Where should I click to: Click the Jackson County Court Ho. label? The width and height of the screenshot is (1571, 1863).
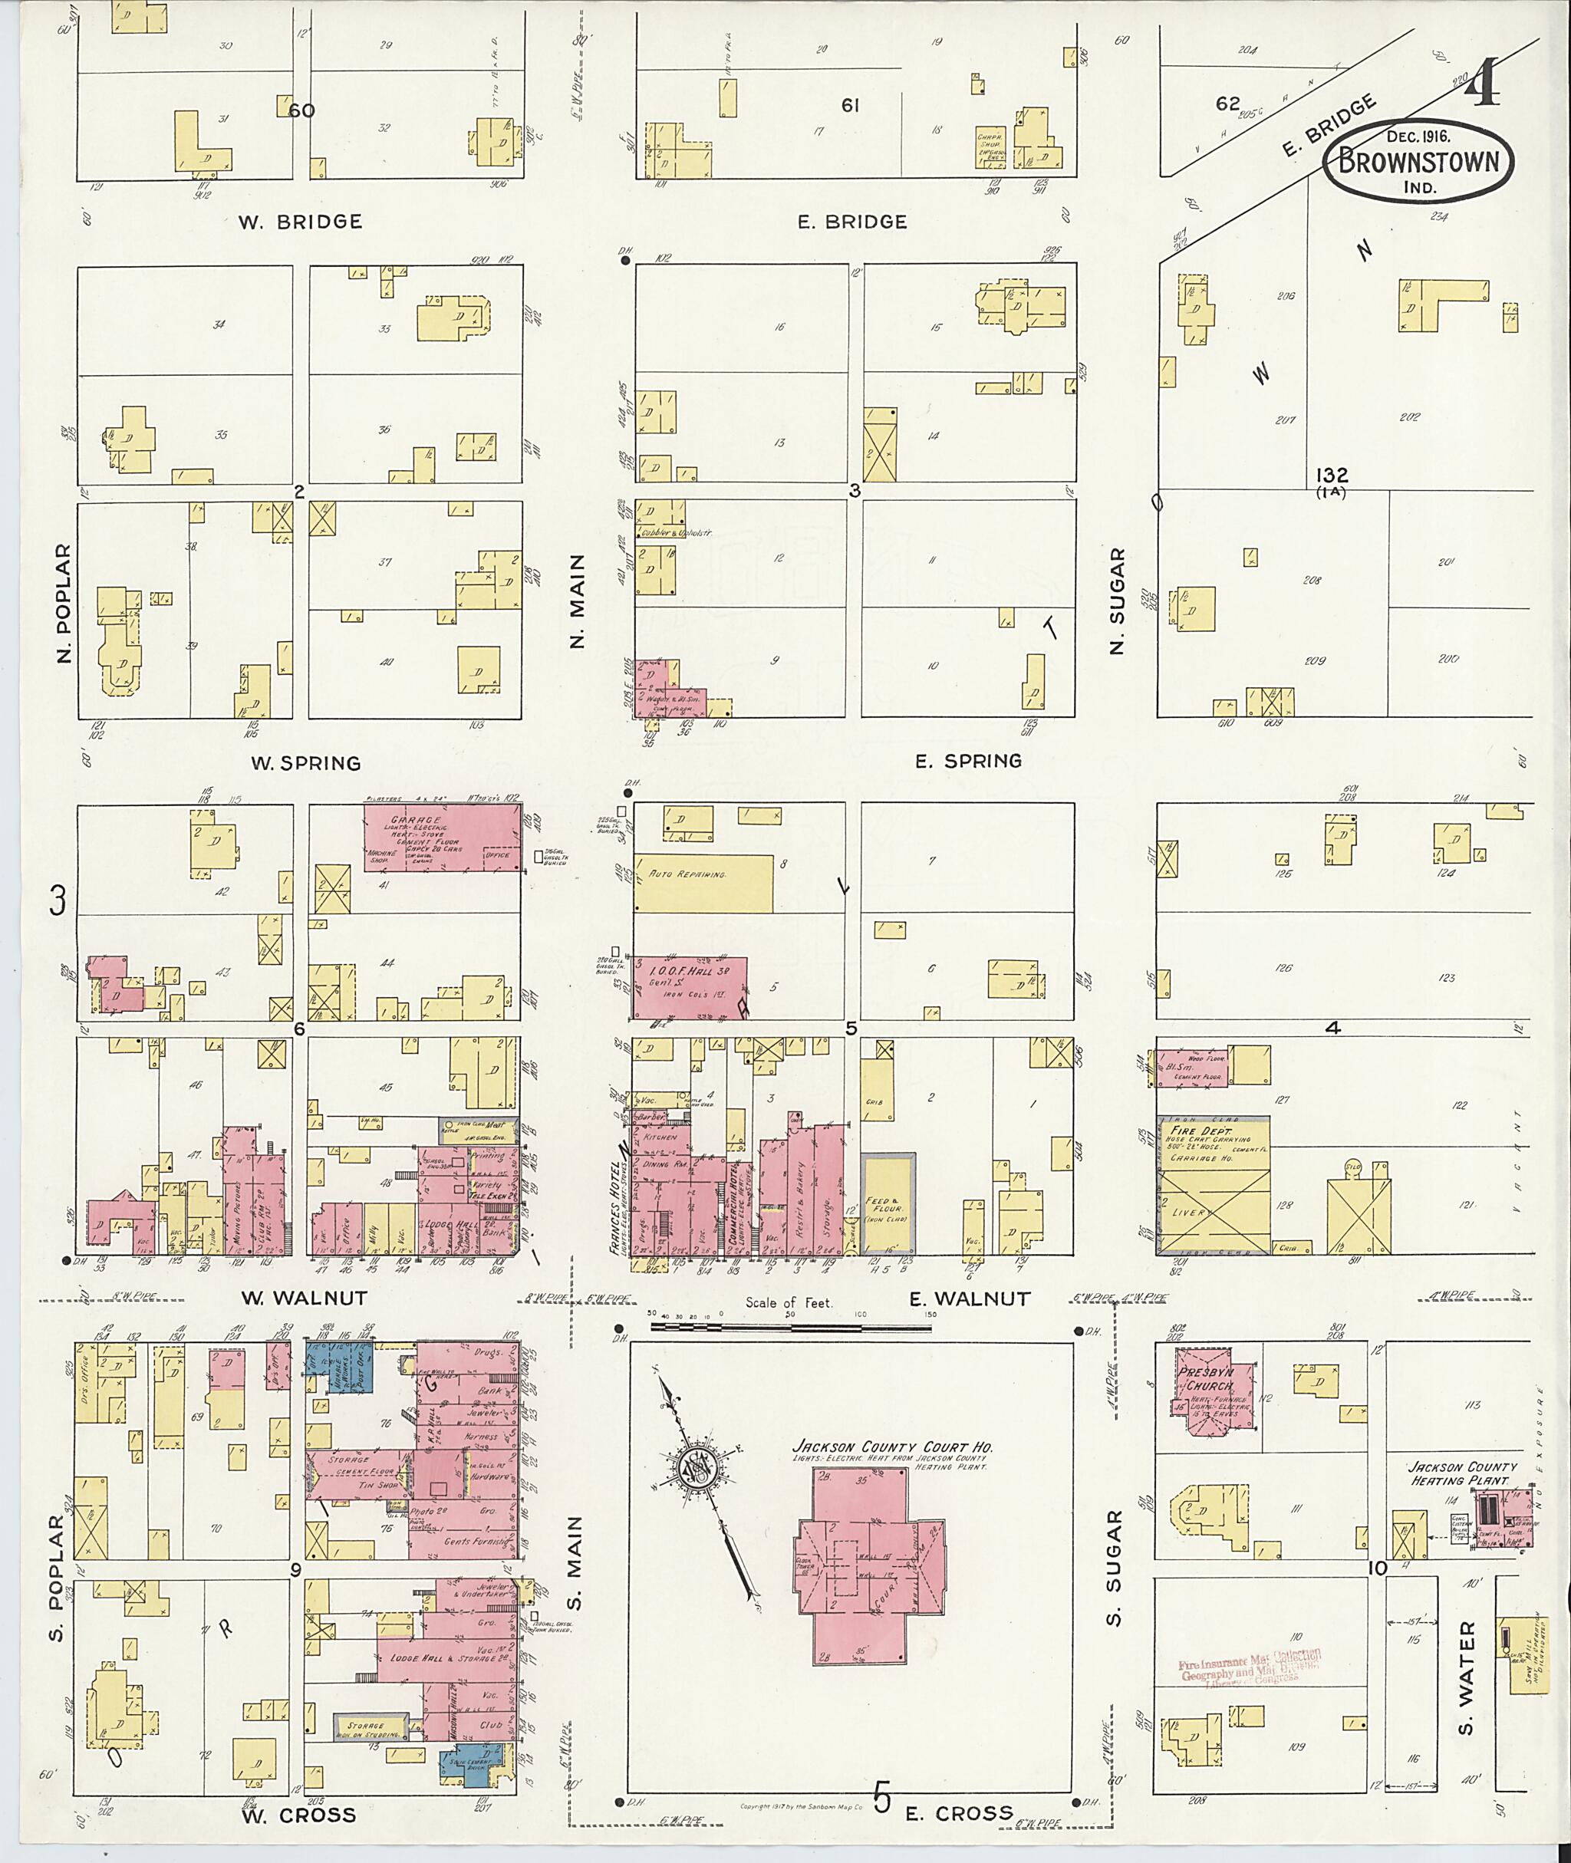(x=892, y=1448)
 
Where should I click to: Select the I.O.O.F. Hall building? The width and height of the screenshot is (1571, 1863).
(x=688, y=986)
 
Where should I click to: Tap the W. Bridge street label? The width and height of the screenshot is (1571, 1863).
(x=300, y=222)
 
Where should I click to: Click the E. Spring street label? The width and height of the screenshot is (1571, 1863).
(x=968, y=761)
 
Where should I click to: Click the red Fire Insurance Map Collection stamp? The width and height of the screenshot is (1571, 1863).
(x=1250, y=1664)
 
